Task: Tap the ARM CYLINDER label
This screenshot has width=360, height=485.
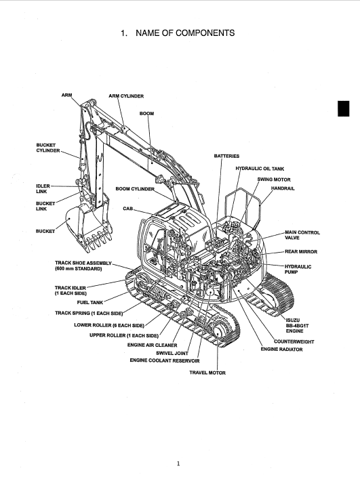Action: pyautogui.click(x=126, y=96)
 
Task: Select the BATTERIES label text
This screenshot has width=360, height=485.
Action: pyautogui.click(x=226, y=156)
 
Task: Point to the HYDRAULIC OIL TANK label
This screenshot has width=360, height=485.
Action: pyautogui.click(x=260, y=169)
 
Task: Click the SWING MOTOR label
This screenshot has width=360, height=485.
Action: pyautogui.click(x=274, y=180)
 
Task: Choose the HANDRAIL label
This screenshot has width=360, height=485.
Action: pyautogui.click(x=283, y=188)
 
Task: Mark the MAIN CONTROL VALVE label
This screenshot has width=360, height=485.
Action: pyautogui.click(x=302, y=235)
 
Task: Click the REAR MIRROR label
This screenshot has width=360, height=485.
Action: pyautogui.click(x=301, y=252)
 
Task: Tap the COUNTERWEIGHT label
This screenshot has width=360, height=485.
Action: pyautogui.click(x=294, y=342)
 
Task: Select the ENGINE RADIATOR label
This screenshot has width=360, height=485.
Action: pyautogui.click(x=281, y=350)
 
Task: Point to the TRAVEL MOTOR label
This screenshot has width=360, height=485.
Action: pyautogui.click(x=207, y=373)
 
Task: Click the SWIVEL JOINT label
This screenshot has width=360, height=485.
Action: pyautogui.click(x=172, y=353)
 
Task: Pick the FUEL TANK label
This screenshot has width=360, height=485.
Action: pyautogui.click(x=89, y=303)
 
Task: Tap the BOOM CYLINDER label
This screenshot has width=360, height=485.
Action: pyautogui.click(x=135, y=189)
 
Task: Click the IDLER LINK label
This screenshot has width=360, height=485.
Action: pyautogui.click(x=43, y=189)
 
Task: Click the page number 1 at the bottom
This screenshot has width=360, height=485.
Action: pyautogui.click(x=178, y=463)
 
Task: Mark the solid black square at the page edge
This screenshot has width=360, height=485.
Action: pyautogui.click(x=343, y=108)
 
